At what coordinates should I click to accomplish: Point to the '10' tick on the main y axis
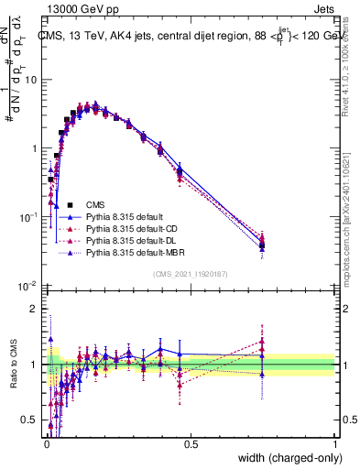click(31, 80)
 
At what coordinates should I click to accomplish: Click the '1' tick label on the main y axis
click(35, 148)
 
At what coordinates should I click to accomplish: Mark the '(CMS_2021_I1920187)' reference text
click(190, 274)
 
